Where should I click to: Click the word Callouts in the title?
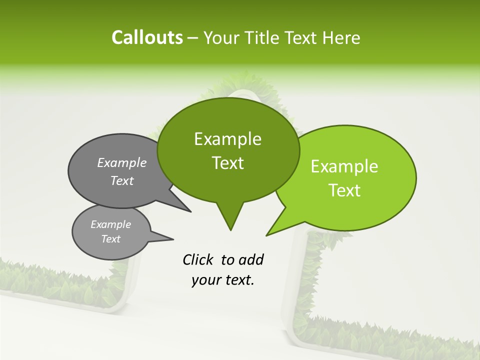click(147, 38)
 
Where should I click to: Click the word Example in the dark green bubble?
click(227, 139)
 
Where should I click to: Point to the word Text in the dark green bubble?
click(227, 163)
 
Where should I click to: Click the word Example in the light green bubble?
click(344, 166)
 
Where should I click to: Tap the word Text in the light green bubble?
click(344, 190)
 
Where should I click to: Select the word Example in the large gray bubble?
click(122, 163)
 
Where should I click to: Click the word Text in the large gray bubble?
click(122, 180)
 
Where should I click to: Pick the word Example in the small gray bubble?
click(110, 224)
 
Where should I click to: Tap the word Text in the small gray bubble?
click(110, 239)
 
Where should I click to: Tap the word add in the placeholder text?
click(250, 259)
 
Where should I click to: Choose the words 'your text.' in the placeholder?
click(223, 280)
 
